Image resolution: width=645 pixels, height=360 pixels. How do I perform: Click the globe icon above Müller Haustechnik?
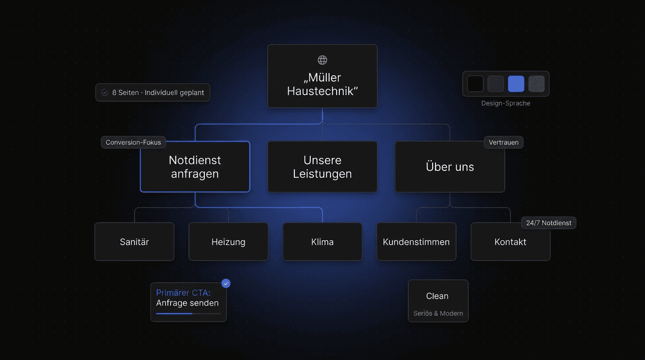point(322,60)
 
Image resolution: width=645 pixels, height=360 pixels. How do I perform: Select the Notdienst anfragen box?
point(195,166)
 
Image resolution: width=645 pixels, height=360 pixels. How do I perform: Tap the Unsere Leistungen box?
point(322,166)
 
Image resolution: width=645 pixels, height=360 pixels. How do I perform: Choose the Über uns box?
point(450,166)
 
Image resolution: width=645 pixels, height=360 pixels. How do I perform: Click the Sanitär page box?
point(134,241)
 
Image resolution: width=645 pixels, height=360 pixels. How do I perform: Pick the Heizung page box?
point(228,241)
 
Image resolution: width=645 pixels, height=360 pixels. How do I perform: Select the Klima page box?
point(322,241)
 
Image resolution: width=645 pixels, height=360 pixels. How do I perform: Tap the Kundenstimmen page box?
point(416,241)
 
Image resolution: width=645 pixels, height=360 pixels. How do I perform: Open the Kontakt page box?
point(510,241)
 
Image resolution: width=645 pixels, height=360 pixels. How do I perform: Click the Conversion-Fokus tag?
point(133,142)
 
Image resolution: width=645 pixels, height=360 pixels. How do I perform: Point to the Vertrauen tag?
point(503,142)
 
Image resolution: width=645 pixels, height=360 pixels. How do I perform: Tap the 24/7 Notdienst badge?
point(548,223)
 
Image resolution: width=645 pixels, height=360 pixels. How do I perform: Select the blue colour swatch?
point(516,84)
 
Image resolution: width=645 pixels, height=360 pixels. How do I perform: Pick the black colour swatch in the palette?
point(475,84)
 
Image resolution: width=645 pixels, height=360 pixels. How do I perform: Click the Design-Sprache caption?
point(506,103)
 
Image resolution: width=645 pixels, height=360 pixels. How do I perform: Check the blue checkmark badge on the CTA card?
point(226,284)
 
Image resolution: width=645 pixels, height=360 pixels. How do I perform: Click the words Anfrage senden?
point(187,303)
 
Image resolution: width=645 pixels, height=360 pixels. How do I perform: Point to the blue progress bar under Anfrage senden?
point(174,314)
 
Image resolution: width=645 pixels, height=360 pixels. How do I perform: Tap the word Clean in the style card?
point(437,296)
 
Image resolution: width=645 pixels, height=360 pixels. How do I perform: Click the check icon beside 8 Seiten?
point(105,92)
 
